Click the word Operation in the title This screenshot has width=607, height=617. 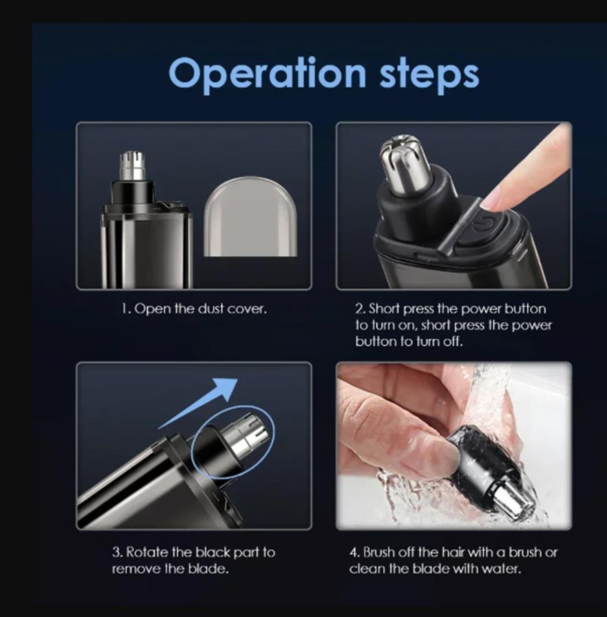click(267, 73)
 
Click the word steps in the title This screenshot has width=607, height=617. click(429, 73)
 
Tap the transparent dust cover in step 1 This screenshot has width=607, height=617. click(250, 217)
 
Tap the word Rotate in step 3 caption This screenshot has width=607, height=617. click(145, 552)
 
